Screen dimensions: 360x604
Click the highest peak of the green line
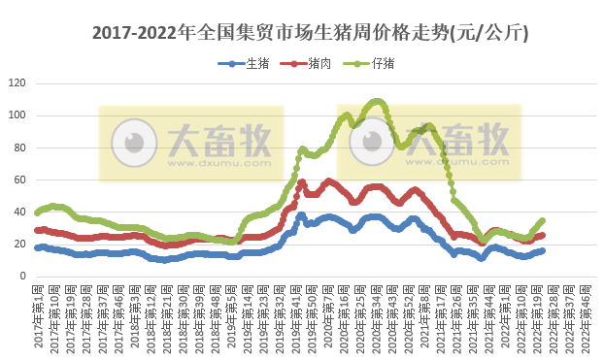[x=377, y=101]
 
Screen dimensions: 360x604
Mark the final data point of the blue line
[x=542, y=250]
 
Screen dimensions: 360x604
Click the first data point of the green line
[x=37, y=213]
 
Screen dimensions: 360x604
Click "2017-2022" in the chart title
[x=136, y=32]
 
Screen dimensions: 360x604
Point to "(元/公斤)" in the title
[x=489, y=32]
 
